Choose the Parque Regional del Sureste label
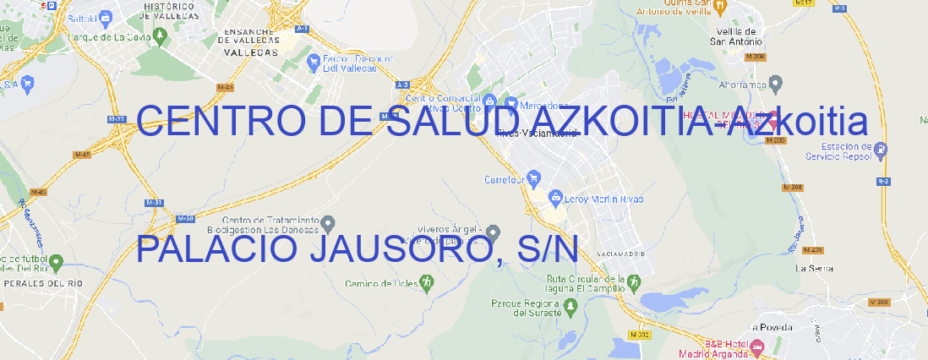point(525,307)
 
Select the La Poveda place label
point(771,327)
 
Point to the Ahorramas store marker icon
point(777,84)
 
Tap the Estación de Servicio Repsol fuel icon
point(882,150)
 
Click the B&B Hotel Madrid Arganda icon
point(757,346)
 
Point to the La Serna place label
point(815,268)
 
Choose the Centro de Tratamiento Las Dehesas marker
point(329,223)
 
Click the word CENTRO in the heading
point(224,122)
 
